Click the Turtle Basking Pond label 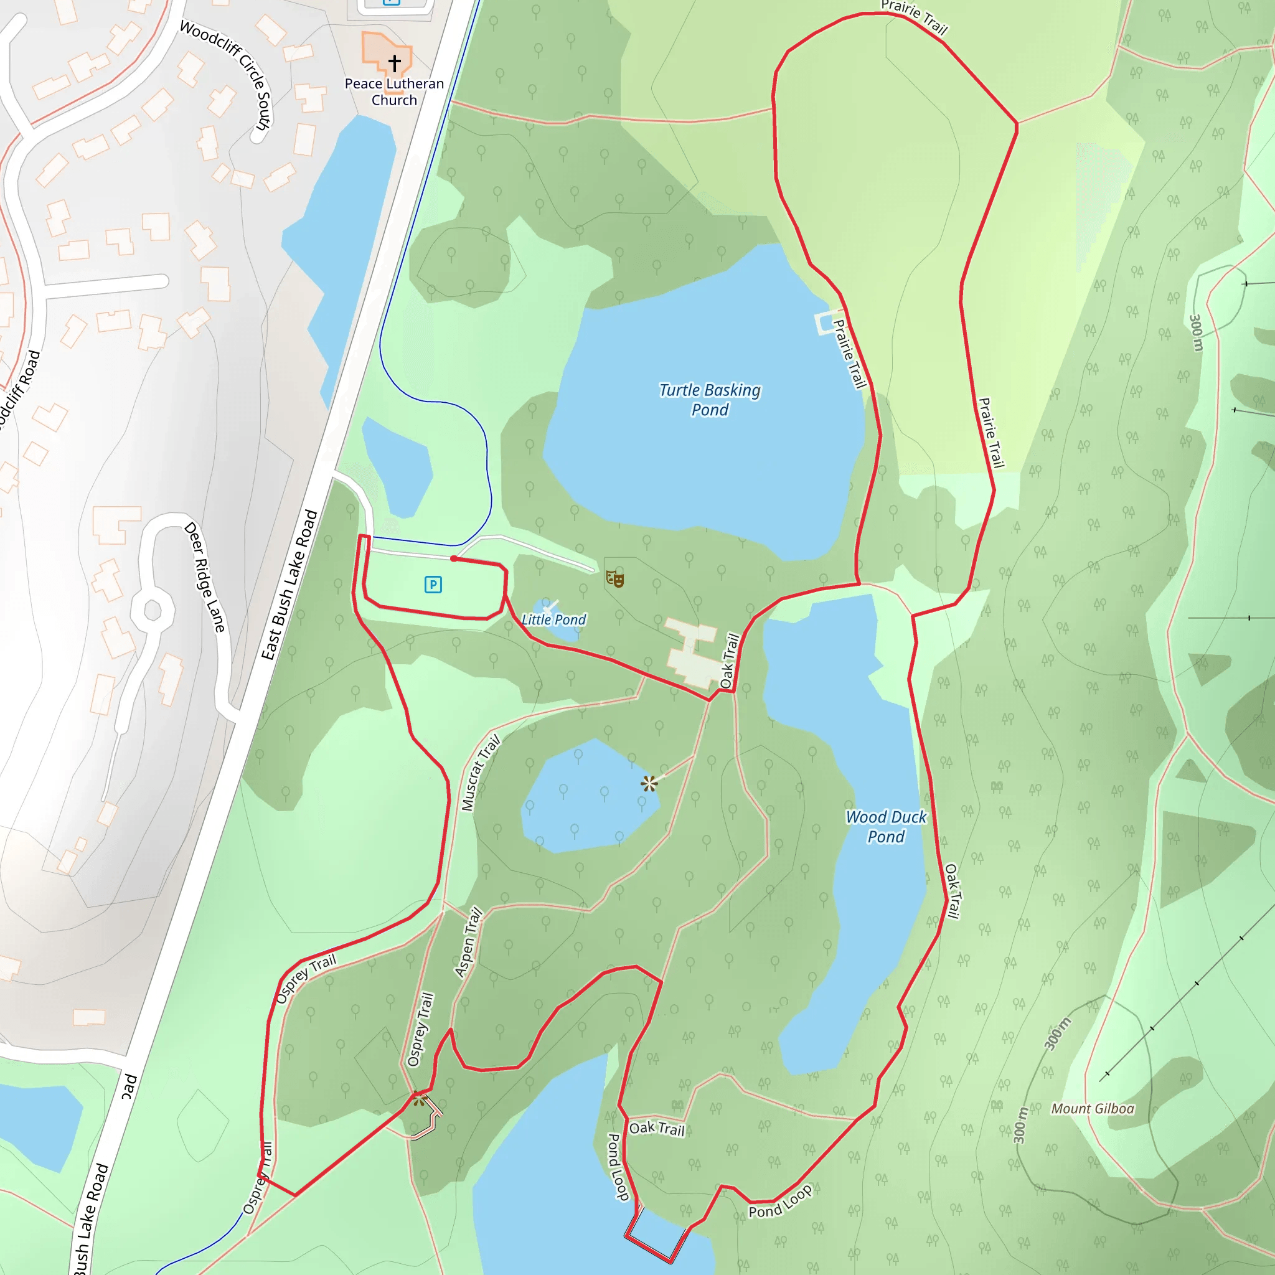point(710,400)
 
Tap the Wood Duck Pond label point(886,826)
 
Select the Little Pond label point(553,619)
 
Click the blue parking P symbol point(433,584)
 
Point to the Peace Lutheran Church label point(394,92)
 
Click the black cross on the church point(395,63)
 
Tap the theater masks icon point(614,579)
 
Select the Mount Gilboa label point(1092,1109)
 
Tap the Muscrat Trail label point(481,772)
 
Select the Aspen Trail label point(469,942)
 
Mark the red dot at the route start point(453,559)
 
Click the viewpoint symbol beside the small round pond point(649,783)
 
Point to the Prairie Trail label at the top point(914,17)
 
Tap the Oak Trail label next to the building point(729,661)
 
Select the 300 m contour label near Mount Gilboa point(1057,1034)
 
